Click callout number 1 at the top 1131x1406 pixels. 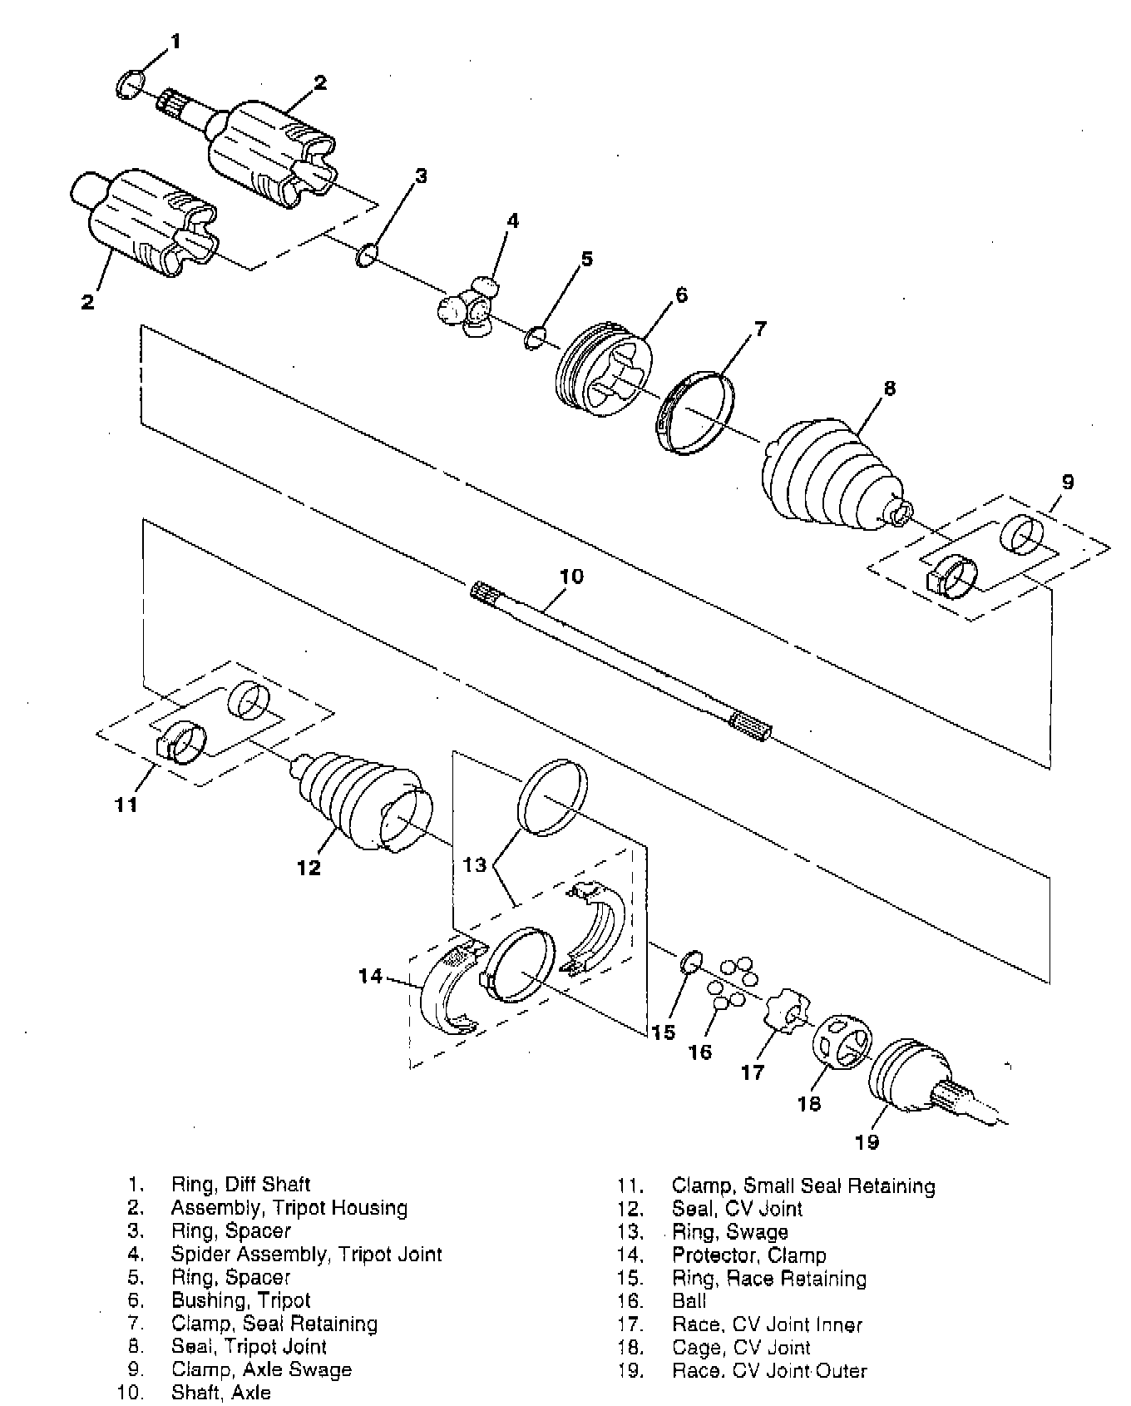(175, 41)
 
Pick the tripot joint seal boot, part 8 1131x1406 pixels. (827, 481)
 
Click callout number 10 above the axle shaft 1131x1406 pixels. (571, 576)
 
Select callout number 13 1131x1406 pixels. (474, 865)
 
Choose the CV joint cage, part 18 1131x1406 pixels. (841, 1041)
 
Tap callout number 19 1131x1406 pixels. (867, 1141)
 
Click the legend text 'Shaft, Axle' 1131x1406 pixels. (220, 1392)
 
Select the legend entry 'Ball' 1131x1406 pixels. (689, 1300)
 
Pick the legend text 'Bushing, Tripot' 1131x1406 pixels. (240, 1300)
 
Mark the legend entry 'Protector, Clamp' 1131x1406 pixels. (749, 1255)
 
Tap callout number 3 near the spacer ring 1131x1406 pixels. (421, 176)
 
